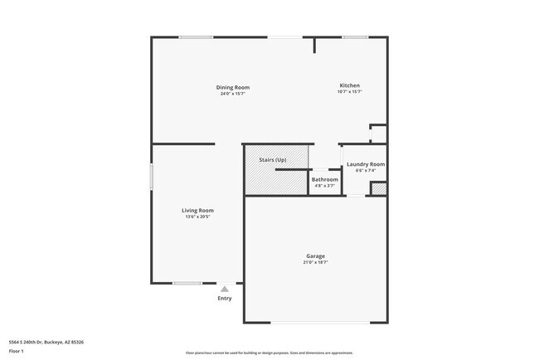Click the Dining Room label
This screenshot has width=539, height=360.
pyautogui.click(x=233, y=87)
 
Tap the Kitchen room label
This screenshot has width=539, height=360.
pyautogui.click(x=349, y=85)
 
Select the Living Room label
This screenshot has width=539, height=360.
pyautogui.click(x=197, y=210)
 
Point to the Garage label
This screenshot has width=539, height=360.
pyautogui.click(x=314, y=256)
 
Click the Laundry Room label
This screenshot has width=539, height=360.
pyautogui.click(x=365, y=164)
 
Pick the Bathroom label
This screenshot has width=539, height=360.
pyautogui.click(x=324, y=179)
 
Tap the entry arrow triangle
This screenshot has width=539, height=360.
pyautogui.click(x=224, y=288)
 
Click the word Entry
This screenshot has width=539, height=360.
pyautogui.click(x=225, y=299)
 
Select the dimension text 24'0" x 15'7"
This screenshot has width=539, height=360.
pyautogui.click(x=233, y=94)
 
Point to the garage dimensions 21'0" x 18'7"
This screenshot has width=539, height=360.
pyautogui.click(x=314, y=263)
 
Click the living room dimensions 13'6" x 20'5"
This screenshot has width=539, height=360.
pyautogui.click(x=197, y=216)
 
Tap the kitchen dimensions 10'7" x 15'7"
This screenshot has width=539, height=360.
pyautogui.click(x=349, y=92)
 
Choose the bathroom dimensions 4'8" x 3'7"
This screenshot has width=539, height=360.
pyautogui.click(x=324, y=186)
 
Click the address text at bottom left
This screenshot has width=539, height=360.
pyautogui.click(x=46, y=342)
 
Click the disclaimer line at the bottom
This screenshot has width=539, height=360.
pyautogui.click(x=269, y=352)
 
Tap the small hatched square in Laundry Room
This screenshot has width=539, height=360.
pyautogui.click(x=379, y=188)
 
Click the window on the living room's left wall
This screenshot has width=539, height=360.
pyautogui.click(x=151, y=178)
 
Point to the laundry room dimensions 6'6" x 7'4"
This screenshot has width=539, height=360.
pyautogui.click(x=365, y=171)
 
